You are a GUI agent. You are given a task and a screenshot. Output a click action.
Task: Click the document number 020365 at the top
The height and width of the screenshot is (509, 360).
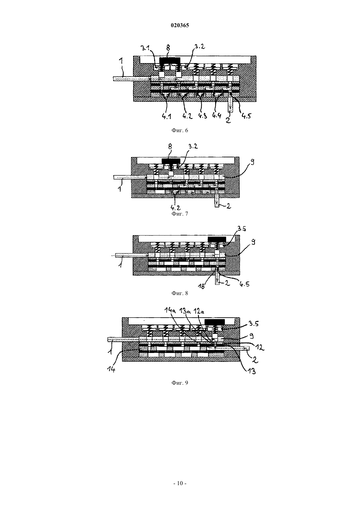click(180, 26)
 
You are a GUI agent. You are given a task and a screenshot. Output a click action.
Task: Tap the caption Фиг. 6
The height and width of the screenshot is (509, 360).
click(180, 130)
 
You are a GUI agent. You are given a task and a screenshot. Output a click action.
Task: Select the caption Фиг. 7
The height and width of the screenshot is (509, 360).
click(180, 214)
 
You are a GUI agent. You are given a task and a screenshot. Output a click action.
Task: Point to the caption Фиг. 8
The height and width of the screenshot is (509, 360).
click(180, 293)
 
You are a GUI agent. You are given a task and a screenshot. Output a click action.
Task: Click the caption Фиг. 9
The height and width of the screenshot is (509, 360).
click(180, 383)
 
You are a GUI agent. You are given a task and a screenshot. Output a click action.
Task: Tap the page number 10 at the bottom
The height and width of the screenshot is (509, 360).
click(180, 483)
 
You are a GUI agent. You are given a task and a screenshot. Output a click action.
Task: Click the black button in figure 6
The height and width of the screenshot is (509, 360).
click(170, 61)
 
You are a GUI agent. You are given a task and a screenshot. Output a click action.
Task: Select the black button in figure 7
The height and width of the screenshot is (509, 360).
click(171, 161)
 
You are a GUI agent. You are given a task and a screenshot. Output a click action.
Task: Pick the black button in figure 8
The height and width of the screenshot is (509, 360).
click(217, 239)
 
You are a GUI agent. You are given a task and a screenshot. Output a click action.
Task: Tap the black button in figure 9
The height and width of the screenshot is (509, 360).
click(215, 322)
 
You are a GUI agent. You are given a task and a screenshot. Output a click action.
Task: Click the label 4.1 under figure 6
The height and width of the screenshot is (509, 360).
click(167, 116)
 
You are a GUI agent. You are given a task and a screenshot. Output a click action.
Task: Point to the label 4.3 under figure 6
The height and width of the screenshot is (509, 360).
click(203, 116)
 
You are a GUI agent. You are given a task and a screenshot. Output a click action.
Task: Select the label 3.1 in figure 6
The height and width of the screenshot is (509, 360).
click(145, 48)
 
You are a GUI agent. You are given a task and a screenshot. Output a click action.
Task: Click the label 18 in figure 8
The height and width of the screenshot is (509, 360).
click(202, 286)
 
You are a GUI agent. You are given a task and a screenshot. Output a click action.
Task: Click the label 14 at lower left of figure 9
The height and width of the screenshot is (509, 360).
click(111, 369)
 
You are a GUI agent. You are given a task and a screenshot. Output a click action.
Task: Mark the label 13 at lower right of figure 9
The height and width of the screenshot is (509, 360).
click(251, 371)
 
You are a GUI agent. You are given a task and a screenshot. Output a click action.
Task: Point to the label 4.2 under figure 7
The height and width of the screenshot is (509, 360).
click(175, 208)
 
